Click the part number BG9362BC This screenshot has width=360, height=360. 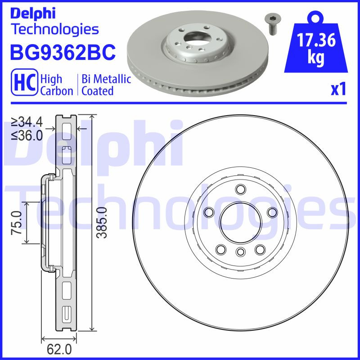[x=63, y=53]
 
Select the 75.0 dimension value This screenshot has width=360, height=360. [x=17, y=223]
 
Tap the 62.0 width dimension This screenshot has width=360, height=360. [x=59, y=348]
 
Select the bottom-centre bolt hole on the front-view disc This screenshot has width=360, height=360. [x=240, y=252]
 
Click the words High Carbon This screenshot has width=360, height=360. [x=57, y=85]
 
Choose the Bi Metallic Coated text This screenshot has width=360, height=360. [x=106, y=85]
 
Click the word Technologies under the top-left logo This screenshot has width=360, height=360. [x=54, y=29]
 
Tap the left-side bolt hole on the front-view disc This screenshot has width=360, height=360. [x=208, y=211]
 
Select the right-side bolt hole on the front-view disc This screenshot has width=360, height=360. [x=272, y=211]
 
